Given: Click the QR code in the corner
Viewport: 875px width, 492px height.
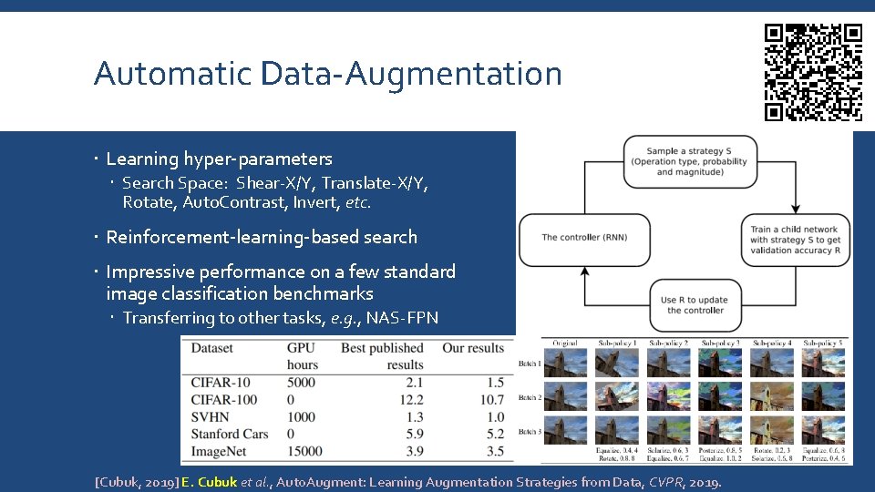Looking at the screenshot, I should [813, 72].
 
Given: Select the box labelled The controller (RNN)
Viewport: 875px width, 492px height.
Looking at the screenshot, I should [584, 238].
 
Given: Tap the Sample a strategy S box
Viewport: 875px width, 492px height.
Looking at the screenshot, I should [689, 161].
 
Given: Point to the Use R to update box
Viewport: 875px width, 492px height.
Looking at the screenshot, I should [695, 305].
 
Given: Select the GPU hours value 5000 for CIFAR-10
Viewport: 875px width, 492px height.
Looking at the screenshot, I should [302, 382].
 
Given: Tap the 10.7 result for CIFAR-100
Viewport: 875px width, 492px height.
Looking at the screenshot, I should [491, 399].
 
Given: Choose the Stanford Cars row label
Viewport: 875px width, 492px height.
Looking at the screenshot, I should [230, 434].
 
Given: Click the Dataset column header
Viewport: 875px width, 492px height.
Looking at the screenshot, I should [211, 347].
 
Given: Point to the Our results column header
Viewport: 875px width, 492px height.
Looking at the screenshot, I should [473, 347].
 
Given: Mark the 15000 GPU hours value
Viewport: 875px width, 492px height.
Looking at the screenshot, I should [304, 451].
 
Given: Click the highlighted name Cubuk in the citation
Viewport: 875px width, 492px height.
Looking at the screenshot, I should [218, 482].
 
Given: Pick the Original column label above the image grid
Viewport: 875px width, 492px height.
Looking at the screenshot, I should [565, 343].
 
